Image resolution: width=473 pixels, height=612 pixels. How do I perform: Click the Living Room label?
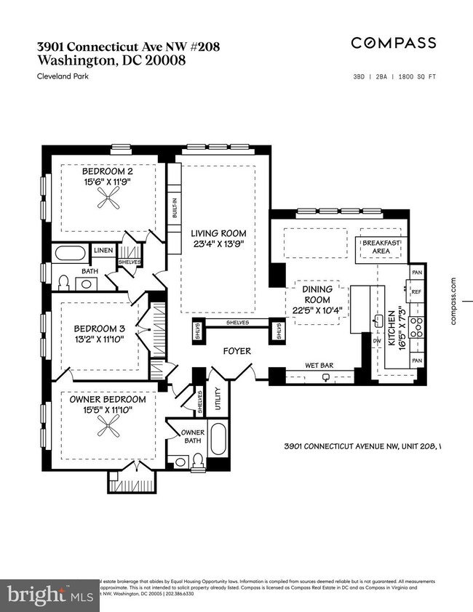coord(218,233)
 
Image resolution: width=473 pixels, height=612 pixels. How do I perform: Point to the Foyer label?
coord(237,352)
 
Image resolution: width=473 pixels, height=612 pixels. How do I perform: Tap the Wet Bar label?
coord(319,366)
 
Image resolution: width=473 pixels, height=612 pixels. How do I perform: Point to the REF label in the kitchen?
coord(416,291)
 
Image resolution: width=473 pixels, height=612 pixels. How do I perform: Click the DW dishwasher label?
coord(377,339)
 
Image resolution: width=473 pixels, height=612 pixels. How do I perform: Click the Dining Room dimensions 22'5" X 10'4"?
coord(317,311)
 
